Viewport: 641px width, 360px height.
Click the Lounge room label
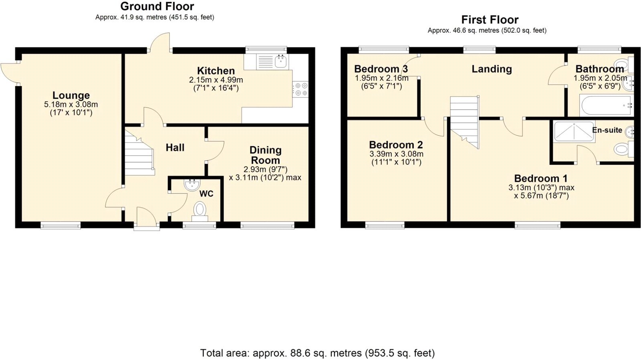click(x=71, y=95)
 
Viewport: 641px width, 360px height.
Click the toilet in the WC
click(x=200, y=210)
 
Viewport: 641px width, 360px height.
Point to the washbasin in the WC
click(x=192, y=185)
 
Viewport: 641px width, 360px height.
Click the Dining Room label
click(x=265, y=155)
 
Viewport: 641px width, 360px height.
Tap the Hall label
click(x=175, y=148)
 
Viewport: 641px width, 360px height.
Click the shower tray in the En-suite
click(x=574, y=131)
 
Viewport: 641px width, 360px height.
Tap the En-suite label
click(x=607, y=130)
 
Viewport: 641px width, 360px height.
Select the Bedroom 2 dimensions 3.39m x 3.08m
click(x=396, y=154)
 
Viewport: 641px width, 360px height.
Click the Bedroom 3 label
click(x=381, y=69)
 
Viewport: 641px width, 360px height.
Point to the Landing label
click(x=492, y=69)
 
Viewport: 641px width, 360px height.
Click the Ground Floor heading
click(x=157, y=6)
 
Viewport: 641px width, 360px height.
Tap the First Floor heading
click(x=490, y=20)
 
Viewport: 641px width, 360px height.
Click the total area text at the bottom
click(x=317, y=353)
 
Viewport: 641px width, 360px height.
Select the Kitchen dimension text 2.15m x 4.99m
click(x=216, y=80)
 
